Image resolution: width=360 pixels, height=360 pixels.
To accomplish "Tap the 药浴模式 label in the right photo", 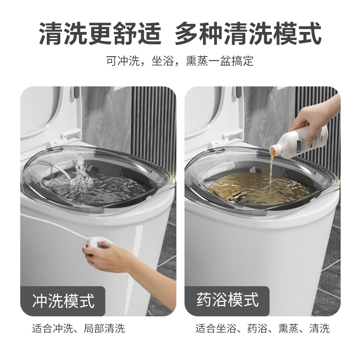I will pos(227,299).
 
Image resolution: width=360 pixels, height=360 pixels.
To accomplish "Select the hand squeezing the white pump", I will pos(106,256).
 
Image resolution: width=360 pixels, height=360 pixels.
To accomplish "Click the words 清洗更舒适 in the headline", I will pos(100,34).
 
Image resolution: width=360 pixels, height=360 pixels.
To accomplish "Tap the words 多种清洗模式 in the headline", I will pos(248,34).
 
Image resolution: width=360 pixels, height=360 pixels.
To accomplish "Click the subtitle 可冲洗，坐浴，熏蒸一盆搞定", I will pos(180,61).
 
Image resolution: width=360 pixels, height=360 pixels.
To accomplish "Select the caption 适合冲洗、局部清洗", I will pos(78,328).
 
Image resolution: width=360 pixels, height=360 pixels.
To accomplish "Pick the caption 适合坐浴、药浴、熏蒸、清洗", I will pos(262,328).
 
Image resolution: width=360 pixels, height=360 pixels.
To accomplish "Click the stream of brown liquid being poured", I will pos(271,169).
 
